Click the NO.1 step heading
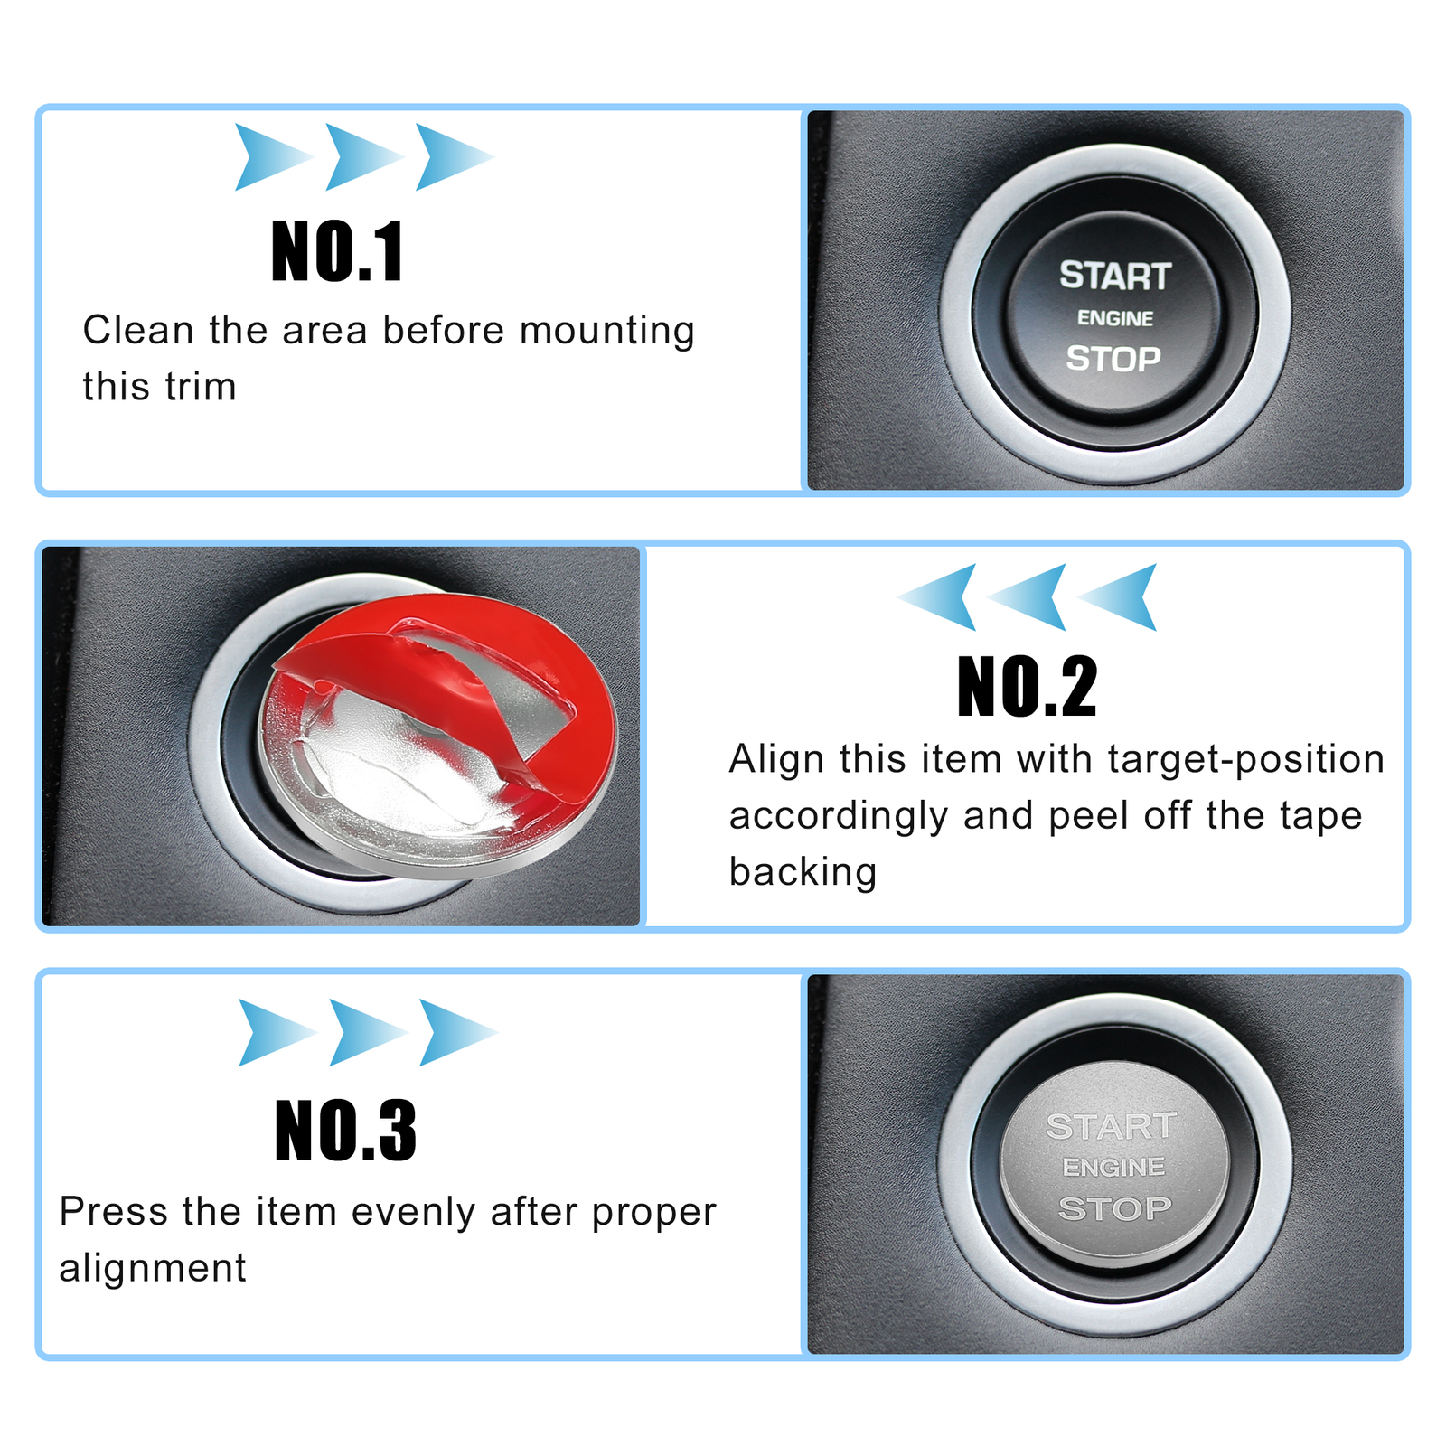click(337, 252)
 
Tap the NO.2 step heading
click(1027, 687)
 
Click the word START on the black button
click(1115, 276)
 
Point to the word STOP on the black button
click(1113, 359)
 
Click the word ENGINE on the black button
click(1115, 318)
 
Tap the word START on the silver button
click(1112, 1126)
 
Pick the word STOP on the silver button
click(1114, 1208)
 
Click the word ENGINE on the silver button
click(1113, 1167)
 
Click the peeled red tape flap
click(425, 687)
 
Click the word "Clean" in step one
click(138, 330)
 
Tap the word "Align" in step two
click(776, 760)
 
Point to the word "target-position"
click(1246, 760)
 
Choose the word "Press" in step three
click(114, 1211)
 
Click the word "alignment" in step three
click(153, 1268)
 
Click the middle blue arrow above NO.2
click(1028, 596)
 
